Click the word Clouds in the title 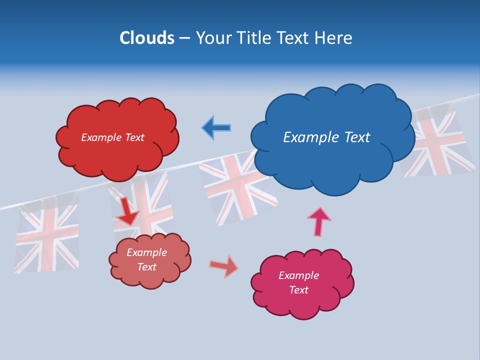[147, 38]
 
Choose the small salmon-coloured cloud [150, 277]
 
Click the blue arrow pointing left [216, 127]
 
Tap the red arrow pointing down [127, 212]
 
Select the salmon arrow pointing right [224, 266]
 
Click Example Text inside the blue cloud [326, 137]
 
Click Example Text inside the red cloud [112, 137]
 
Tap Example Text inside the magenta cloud [298, 282]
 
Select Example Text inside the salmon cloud [146, 259]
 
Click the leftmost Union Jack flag [46, 235]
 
